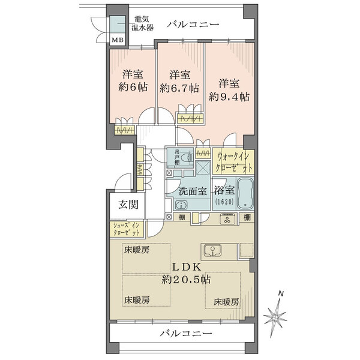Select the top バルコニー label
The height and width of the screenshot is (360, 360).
pos(193,25)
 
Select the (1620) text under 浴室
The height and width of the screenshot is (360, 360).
pos(224,203)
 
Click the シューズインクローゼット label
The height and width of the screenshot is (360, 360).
pos(127,229)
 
